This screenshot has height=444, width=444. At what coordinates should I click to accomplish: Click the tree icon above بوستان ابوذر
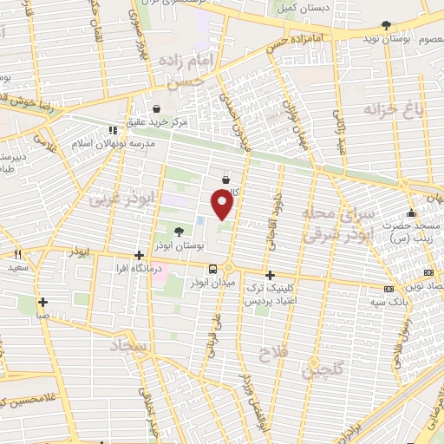point(179,232)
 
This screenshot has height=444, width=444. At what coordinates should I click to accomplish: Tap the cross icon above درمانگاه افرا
point(139,255)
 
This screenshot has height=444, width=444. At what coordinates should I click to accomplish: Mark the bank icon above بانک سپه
point(388,287)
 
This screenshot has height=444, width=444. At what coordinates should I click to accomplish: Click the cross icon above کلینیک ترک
point(270,272)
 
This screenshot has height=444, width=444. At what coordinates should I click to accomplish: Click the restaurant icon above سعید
point(16,255)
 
